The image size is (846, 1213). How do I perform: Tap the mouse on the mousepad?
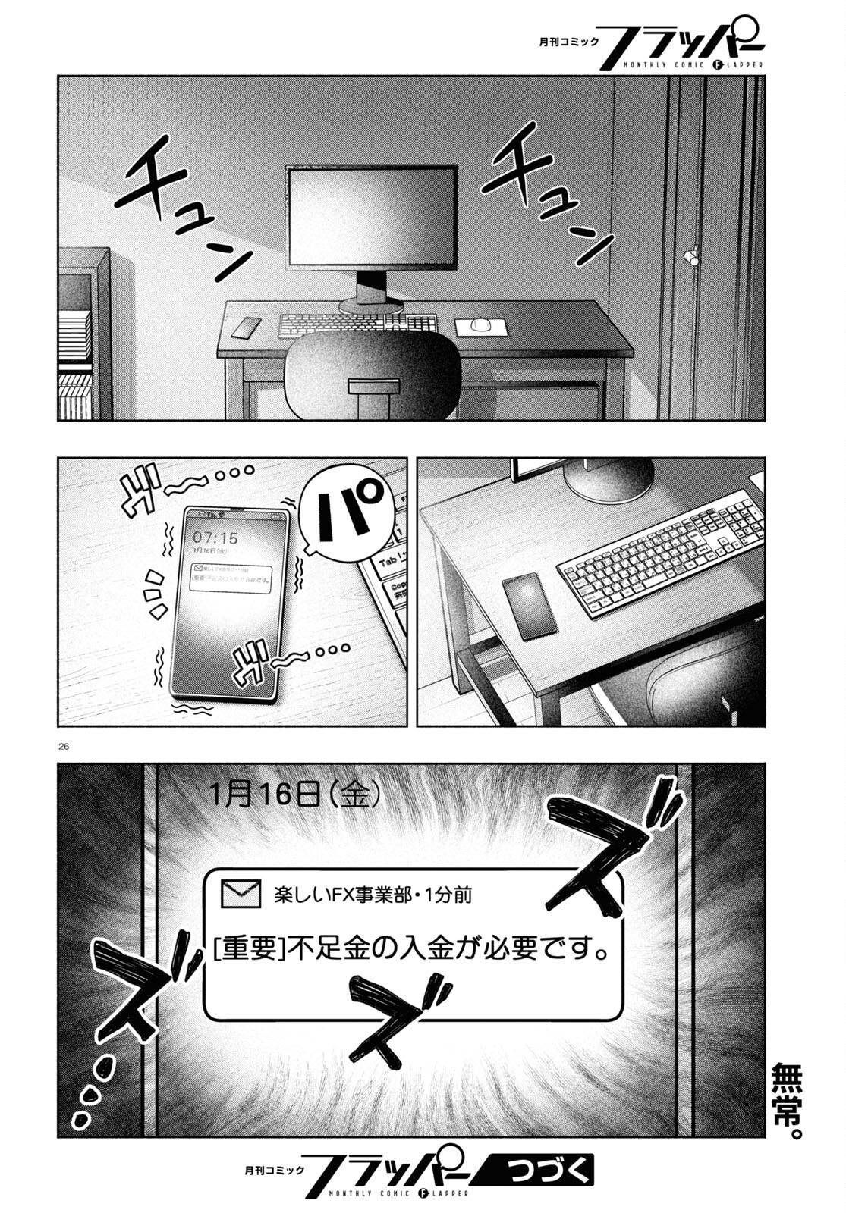480,324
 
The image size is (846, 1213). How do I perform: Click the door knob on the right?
693,256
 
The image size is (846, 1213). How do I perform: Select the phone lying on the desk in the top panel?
245,328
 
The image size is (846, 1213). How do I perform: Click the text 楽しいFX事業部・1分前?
372,895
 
